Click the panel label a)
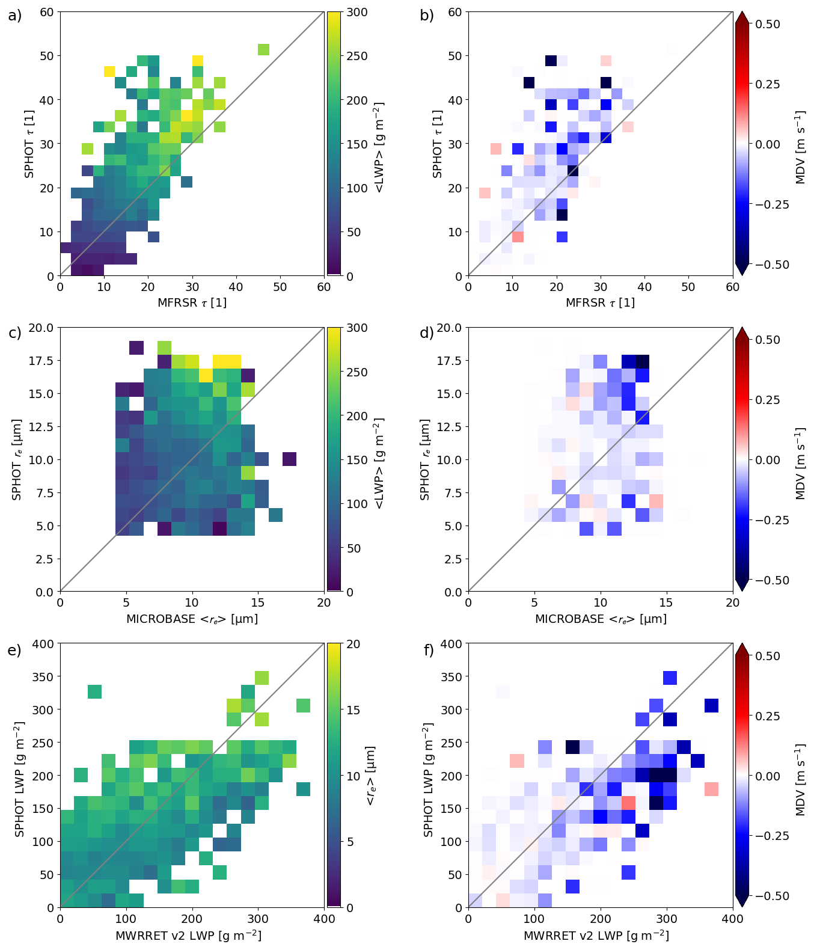tap(14, 16)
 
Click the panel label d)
tap(427, 332)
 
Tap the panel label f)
tap(428, 650)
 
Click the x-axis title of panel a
tap(192, 302)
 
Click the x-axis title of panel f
tap(596, 935)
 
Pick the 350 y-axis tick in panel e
tap(44, 676)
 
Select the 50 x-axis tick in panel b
tap(688, 287)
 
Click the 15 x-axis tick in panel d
tap(666, 603)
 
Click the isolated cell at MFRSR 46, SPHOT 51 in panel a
tap(263, 49)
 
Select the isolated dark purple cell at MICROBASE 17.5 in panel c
tap(290, 459)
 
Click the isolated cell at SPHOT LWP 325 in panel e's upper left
tap(94, 692)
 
